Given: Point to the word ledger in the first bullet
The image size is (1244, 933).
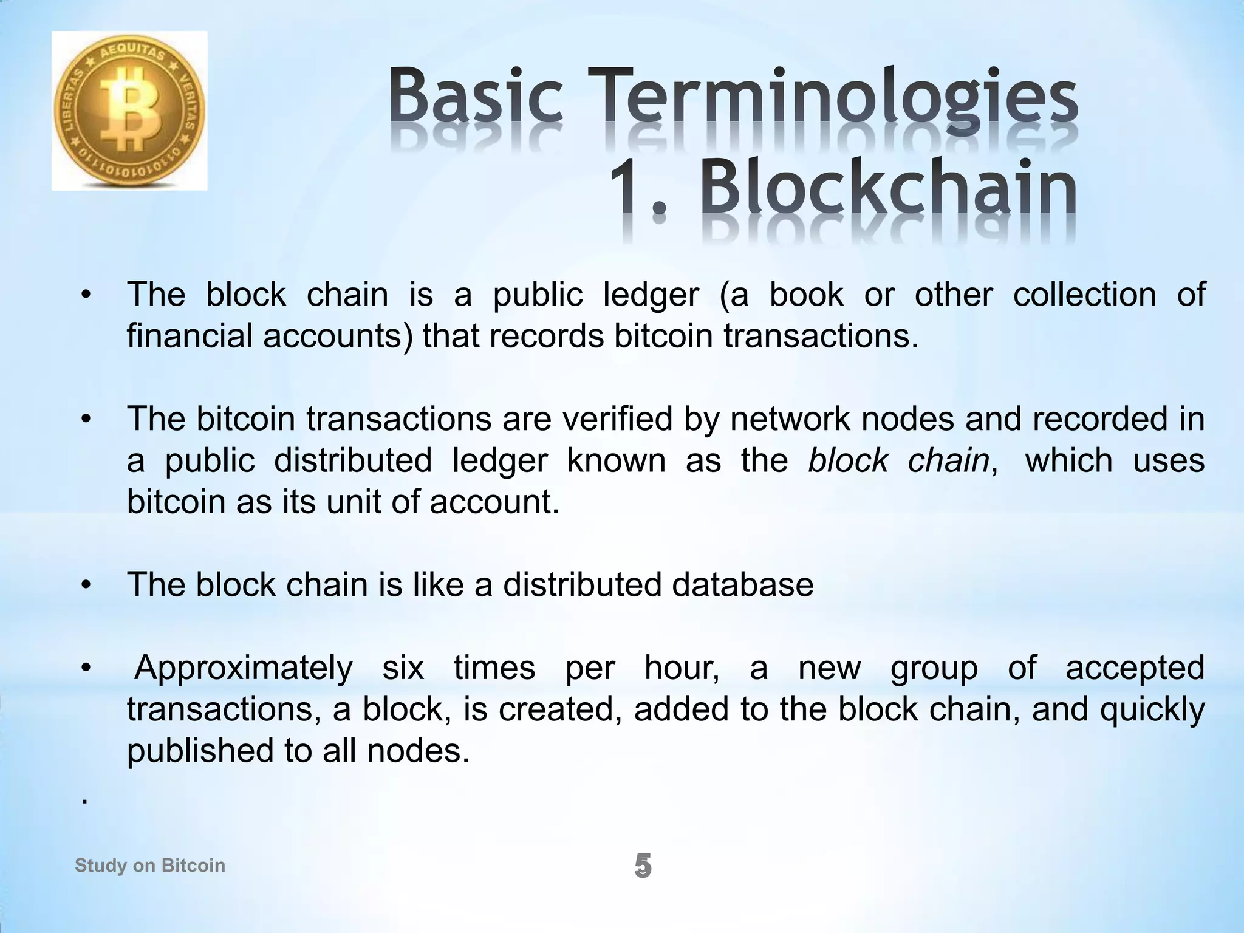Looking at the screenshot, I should pyautogui.click(x=651, y=295).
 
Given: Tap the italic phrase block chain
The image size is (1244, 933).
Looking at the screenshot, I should pyautogui.click(x=899, y=461).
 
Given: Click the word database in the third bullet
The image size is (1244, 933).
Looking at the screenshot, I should pyautogui.click(x=742, y=585).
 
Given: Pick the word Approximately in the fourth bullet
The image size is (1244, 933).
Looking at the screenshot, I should pyautogui.click(x=244, y=669).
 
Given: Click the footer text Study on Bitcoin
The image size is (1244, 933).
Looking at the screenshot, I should pyautogui.click(x=150, y=866).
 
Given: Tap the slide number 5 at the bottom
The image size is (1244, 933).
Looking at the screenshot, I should pyautogui.click(x=643, y=866).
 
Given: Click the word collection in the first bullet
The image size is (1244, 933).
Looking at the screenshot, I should pyautogui.click(x=1084, y=295).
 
